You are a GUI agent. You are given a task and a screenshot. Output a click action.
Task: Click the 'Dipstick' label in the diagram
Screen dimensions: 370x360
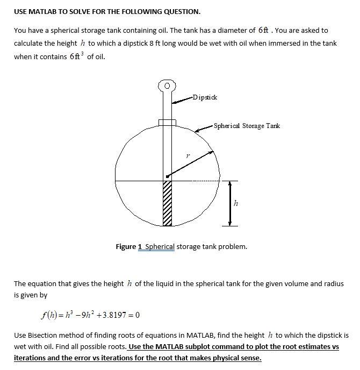pos(205,97)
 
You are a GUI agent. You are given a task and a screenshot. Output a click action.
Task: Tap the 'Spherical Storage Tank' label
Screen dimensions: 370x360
pos(247,126)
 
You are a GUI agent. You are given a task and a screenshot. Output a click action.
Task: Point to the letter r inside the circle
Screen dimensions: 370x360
pos(187,155)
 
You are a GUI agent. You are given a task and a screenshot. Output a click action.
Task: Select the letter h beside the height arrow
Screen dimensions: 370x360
pos(236,203)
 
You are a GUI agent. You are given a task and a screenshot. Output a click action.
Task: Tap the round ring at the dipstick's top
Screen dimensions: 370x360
pos(167,86)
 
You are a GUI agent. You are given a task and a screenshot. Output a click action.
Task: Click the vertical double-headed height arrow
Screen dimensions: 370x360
pos(229,203)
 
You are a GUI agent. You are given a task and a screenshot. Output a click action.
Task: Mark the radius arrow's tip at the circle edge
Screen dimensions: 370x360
pos(213,152)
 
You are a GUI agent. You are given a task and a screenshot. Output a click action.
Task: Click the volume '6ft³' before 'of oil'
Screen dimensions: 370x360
pos(77,56)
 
